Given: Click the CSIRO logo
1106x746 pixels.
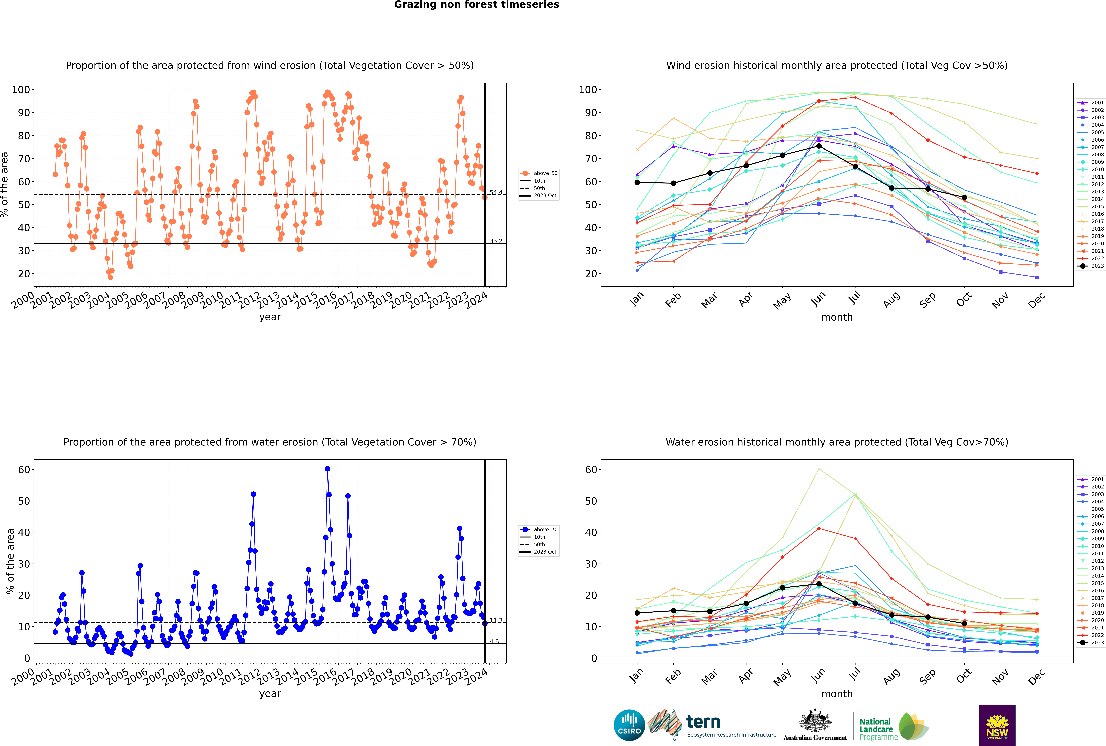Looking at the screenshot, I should click(629, 725).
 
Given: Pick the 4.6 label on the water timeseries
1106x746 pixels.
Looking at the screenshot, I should click(495, 642).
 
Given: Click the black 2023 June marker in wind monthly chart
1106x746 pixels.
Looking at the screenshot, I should click(819, 146).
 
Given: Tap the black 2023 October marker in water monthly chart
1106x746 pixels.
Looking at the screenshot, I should click(964, 624).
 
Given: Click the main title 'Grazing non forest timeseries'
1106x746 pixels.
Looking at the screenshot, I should click(476, 5).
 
